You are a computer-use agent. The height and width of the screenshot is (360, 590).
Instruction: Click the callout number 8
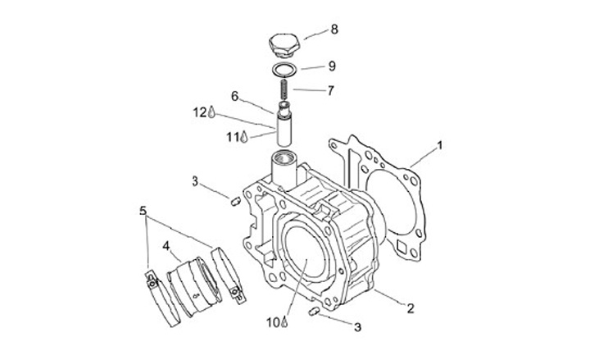tap(334, 30)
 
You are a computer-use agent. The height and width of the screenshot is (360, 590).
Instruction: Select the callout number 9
tap(332, 66)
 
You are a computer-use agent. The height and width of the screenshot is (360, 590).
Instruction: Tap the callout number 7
tap(329, 90)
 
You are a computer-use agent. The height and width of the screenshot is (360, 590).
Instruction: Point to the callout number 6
tap(234, 96)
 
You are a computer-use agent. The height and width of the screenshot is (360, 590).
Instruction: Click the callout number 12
tap(199, 112)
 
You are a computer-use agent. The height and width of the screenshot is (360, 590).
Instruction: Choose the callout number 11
tap(232, 137)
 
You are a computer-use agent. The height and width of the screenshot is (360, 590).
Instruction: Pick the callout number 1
tap(439, 146)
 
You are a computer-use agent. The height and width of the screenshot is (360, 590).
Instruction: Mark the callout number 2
tap(411, 308)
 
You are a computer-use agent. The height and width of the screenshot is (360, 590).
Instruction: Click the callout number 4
tap(166, 245)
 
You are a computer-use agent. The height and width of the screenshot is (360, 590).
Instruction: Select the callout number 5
tap(143, 211)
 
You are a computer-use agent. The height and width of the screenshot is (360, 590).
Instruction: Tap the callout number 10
tap(273, 321)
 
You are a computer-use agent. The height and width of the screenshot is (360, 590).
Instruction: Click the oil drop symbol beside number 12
tap(211, 112)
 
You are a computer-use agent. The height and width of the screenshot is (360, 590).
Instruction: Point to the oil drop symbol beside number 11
tap(243, 138)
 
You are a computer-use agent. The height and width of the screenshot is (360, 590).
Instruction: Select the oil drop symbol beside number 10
tap(284, 322)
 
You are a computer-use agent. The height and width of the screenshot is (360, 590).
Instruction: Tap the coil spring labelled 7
tap(283, 89)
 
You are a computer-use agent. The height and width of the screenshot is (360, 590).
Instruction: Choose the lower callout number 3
tap(357, 326)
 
